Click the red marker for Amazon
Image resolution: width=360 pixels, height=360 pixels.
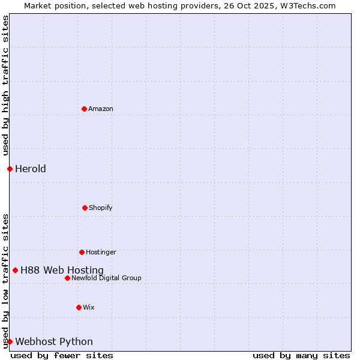[84, 109]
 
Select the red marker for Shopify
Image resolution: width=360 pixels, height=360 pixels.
[85, 208]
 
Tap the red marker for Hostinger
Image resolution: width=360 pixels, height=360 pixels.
[82, 252]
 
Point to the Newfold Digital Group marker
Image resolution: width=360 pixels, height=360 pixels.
[67, 278]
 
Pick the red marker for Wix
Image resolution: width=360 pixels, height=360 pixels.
[79, 307]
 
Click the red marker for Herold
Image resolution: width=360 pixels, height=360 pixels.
[10, 169]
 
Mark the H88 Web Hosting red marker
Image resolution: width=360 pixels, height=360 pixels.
[15, 270]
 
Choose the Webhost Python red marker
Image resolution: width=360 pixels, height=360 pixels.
[10, 341]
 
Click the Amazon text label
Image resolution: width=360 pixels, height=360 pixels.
[101, 109]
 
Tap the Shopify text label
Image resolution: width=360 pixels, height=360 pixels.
[101, 208]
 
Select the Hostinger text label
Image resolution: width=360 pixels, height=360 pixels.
[101, 253]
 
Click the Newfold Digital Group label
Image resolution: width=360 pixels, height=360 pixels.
[106, 278]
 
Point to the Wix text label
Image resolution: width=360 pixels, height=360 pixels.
[89, 308]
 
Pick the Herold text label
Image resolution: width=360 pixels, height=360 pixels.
[31, 169]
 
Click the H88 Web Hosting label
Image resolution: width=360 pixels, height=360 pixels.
[62, 271]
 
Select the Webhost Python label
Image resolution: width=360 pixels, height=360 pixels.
[54, 342]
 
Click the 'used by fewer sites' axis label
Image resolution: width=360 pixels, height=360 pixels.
[62, 355]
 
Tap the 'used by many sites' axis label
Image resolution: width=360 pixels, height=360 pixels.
[301, 355]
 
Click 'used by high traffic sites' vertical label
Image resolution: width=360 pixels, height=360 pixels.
[5, 85]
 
